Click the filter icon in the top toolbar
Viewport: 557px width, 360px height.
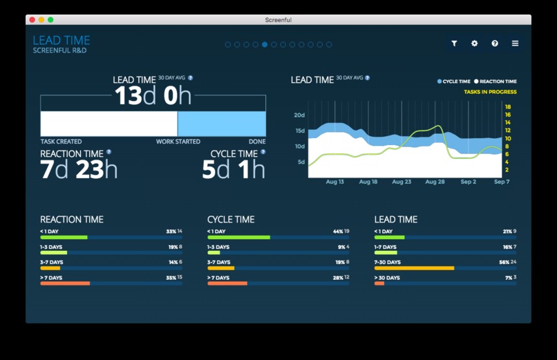coord(454,44)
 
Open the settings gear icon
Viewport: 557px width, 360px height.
coord(475,44)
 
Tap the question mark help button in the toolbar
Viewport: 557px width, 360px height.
coord(495,44)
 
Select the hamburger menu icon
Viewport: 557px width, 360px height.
coord(515,44)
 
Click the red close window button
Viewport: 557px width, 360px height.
coord(32,20)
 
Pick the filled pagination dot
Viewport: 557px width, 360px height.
coord(265,45)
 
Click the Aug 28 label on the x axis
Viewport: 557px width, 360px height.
coord(435,182)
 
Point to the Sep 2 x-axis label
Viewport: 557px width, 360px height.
coord(469,182)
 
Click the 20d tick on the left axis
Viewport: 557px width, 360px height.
coord(299,115)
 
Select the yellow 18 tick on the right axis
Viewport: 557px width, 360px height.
coord(508,107)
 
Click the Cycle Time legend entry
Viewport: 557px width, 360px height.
coord(454,82)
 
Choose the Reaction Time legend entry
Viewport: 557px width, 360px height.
coord(495,82)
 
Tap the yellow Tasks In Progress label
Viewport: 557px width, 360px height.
coord(490,92)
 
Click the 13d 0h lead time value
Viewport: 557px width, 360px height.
coord(153,96)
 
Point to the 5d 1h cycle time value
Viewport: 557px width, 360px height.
coord(233,169)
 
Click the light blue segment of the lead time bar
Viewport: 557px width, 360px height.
coord(221,124)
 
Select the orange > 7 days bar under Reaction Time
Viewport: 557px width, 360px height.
coord(65,283)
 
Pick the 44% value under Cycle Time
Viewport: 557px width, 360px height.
coord(337,231)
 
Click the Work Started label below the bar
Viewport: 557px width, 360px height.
coord(177,142)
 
